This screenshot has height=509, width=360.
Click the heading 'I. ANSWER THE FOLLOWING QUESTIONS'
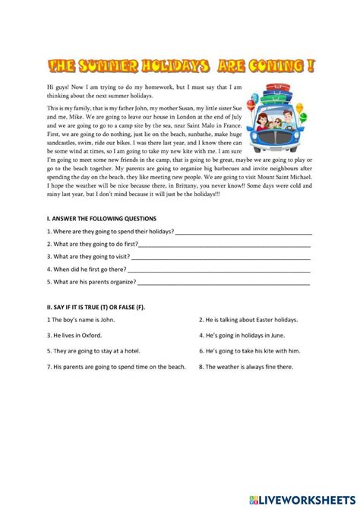[101, 219]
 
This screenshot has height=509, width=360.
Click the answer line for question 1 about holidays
[242, 232]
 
